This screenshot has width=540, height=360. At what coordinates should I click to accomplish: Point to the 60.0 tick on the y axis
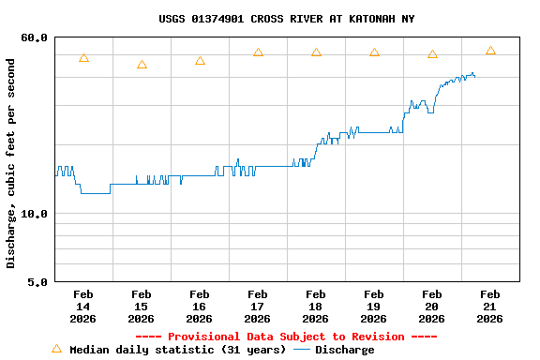click(x=35, y=37)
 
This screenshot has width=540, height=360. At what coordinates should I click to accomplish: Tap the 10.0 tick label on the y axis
click(x=35, y=214)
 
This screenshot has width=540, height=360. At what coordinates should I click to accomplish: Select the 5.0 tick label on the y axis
click(x=37, y=281)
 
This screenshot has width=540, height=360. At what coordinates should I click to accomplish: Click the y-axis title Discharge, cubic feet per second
click(x=11, y=163)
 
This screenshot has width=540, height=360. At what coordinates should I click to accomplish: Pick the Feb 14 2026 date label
click(x=82, y=307)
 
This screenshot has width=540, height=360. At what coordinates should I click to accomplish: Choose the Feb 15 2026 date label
click(x=141, y=307)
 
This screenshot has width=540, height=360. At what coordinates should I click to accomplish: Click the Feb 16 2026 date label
click(x=199, y=307)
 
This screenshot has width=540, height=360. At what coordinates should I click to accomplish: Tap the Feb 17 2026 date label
click(x=257, y=307)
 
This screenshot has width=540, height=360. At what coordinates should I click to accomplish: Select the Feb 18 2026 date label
click(x=315, y=307)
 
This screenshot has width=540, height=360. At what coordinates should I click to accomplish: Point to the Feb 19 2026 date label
click(x=373, y=307)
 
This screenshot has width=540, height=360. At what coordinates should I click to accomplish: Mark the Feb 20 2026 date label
click(x=431, y=307)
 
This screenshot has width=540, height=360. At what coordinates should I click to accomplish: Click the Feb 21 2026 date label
click(x=489, y=307)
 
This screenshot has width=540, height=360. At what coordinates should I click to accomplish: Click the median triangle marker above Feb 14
click(x=83, y=58)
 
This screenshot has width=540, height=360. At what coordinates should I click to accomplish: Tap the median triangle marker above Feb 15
click(x=142, y=65)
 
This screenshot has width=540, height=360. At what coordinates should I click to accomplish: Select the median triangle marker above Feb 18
click(x=316, y=52)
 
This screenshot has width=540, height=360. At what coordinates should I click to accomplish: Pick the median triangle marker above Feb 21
click(x=490, y=51)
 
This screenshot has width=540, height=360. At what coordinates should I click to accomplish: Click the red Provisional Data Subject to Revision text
click(x=286, y=337)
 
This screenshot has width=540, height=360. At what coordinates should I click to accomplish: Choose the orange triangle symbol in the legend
click(x=56, y=349)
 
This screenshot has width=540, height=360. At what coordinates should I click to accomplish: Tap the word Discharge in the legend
click(x=344, y=350)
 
